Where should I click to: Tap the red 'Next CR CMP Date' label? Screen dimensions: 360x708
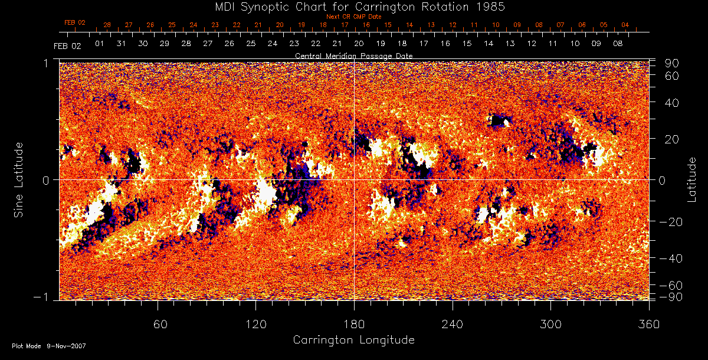point(354,17)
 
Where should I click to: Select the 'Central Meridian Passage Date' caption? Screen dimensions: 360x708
point(353,55)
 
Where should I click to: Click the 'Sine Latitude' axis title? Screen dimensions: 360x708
point(19,179)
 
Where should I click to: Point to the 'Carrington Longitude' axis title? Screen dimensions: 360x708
point(353,340)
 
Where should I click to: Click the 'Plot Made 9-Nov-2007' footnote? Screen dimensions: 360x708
point(49,346)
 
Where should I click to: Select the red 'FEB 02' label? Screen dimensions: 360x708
point(75,22)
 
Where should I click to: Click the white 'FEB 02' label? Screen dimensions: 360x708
point(67,45)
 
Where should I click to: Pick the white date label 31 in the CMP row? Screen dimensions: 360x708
point(122,44)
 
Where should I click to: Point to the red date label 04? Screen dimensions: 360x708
point(625,25)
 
